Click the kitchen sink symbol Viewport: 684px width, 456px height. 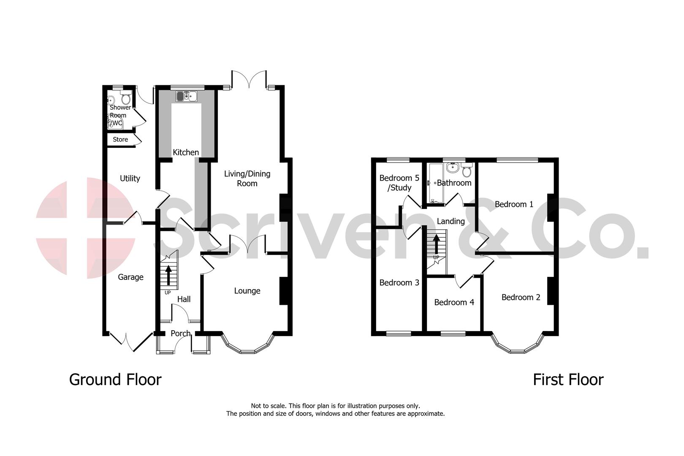(187, 96)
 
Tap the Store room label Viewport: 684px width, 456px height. (120, 139)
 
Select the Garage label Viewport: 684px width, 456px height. (130, 277)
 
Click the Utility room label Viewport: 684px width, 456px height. (130, 178)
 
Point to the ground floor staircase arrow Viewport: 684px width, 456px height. (168, 274)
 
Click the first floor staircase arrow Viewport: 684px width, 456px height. (436, 243)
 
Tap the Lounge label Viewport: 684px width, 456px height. (247, 290)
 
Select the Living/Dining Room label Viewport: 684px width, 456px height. (247, 178)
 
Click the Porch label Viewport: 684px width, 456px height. (180, 333)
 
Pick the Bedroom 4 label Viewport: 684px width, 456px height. (454, 302)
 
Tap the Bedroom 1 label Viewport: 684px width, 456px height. (514, 204)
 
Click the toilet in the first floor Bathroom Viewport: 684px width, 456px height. (467, 171)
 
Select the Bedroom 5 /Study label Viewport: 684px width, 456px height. (399, 182)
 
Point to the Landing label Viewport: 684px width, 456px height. (451, 221)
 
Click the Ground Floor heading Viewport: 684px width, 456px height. (115, 379)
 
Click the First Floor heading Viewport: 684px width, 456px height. (568, 379)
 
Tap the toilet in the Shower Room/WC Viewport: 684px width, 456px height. (125, 99)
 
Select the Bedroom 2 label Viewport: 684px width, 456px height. (521, 297)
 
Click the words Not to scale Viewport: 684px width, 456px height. (269, 406)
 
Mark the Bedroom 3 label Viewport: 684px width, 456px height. (399, 282)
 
